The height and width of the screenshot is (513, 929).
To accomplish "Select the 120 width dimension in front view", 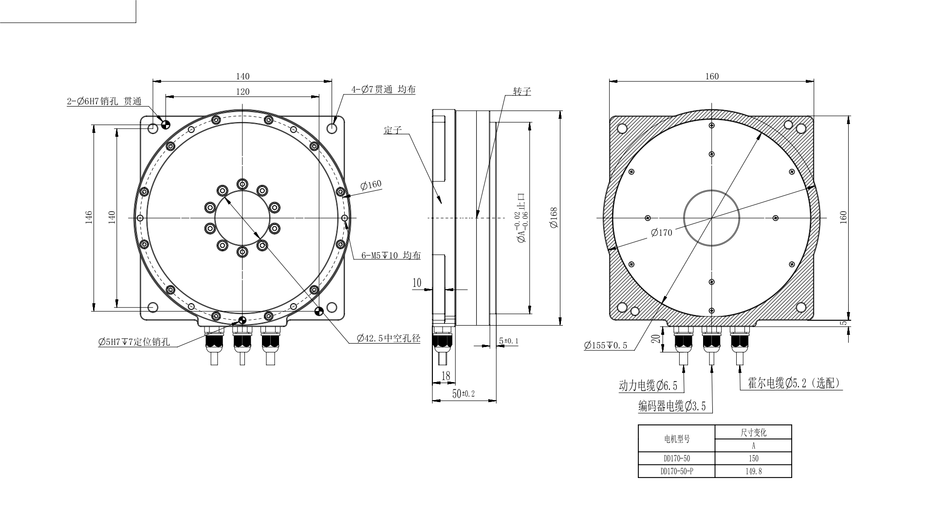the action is point(242,92).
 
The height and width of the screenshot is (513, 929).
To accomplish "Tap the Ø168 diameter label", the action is point(554,218).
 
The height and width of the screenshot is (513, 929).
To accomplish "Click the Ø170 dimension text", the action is point(661,233).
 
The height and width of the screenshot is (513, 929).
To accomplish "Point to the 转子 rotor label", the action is point(521,91).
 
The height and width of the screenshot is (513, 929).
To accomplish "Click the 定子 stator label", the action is point(392,130).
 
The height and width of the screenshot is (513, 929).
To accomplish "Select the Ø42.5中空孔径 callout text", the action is point(388,338).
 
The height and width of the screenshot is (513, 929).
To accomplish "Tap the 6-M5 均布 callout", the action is point(390,256).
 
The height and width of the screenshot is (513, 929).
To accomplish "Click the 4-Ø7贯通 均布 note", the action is point(384,90).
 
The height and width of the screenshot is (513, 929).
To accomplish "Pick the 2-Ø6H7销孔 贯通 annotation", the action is point(104,102).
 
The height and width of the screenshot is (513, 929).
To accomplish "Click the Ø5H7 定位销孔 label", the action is point(134,342).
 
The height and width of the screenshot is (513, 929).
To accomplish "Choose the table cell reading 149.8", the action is point(753,471).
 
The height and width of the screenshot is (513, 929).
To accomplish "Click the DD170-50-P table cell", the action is point(677,471).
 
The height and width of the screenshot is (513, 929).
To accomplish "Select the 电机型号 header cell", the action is point(677,439).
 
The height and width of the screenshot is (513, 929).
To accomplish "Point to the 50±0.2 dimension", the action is point(463,394).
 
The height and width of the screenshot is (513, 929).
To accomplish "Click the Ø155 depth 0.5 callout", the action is point(606,346).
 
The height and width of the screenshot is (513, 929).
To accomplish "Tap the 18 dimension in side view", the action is point(446,375).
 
